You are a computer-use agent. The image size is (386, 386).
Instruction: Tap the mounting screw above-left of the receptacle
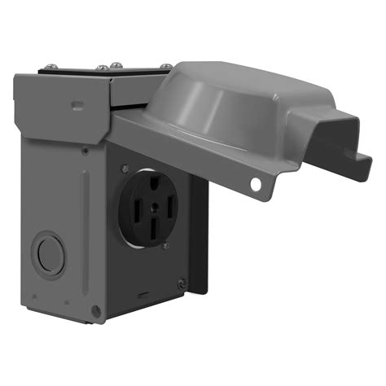click(125, 169)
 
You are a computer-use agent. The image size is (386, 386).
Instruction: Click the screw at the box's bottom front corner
click(96, 311)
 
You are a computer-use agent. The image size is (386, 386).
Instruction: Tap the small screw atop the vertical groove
click(86, 149)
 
